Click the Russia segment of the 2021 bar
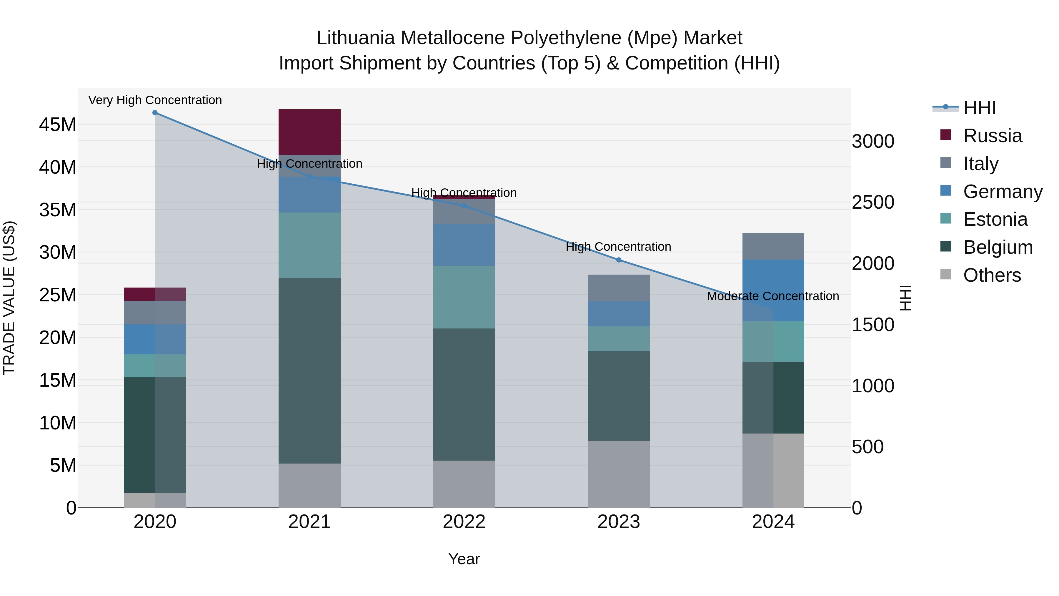point(309,132)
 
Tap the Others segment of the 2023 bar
point(618,474)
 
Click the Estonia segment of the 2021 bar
point(309,245)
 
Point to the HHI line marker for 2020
point(155,113)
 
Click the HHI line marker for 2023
point(619,260)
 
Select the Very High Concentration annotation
point(155,100)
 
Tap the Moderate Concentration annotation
point(772,296)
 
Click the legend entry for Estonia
point(995,219)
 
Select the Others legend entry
point(992,275)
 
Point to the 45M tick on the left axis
point(58,124)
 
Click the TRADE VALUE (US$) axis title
point(9,298)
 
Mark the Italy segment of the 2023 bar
point(618,288)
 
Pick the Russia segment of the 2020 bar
point(155,294)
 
